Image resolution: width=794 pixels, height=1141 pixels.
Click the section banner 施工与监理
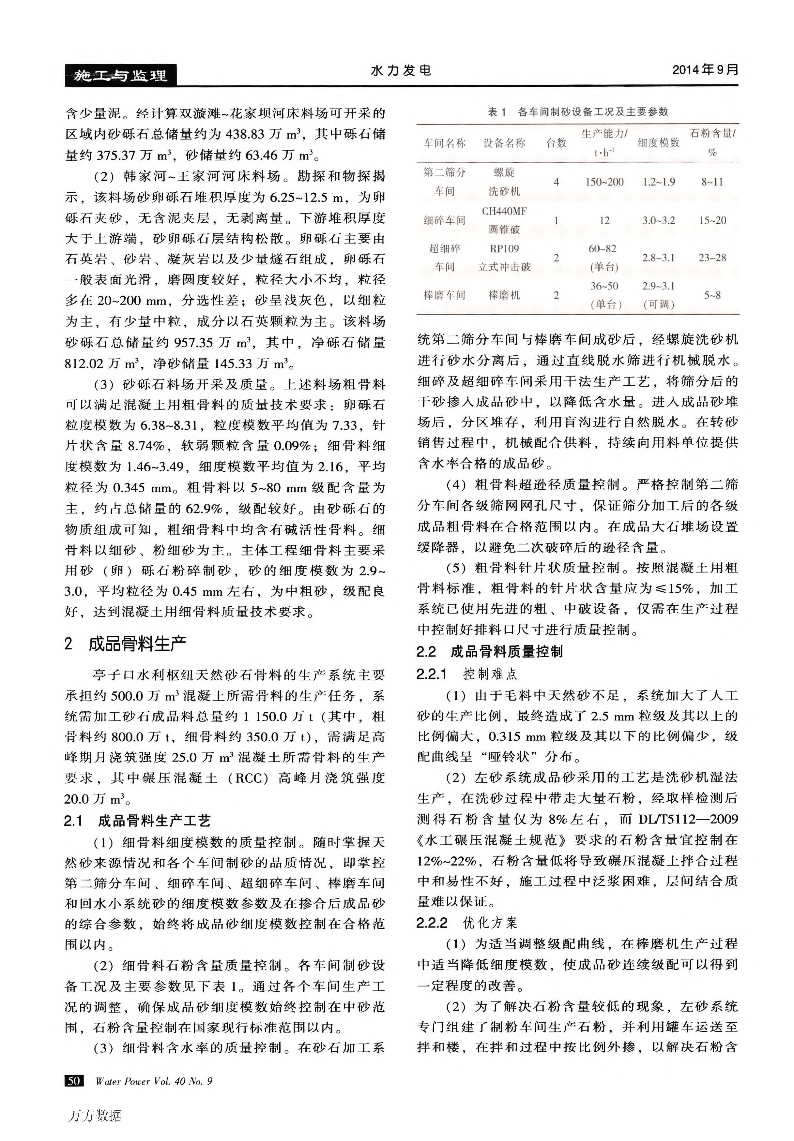point(120,76)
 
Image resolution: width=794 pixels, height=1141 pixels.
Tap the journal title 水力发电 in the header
point(401,70)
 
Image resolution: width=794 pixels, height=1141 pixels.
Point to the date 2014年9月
point(705,69)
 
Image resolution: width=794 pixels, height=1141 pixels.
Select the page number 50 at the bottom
point(74,1080)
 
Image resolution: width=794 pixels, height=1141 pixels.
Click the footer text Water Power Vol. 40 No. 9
point(154,1081)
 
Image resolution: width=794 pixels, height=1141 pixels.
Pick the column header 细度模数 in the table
point(658,143)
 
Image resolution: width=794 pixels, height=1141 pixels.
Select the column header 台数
point(556,143)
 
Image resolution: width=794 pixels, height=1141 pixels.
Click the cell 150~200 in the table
point(604,182)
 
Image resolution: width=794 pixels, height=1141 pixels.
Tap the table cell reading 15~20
point(712,220)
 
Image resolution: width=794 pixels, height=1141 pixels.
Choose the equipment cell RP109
point(504,248)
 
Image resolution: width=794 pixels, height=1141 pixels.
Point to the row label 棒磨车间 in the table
point(444,295)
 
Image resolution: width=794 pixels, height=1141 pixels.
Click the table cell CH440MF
point(504,211)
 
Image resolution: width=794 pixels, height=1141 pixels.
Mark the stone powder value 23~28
point(712,258)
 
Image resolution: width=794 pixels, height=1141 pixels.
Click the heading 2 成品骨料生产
point(125,644)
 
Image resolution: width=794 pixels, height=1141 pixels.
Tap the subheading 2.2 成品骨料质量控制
point(489,651)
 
